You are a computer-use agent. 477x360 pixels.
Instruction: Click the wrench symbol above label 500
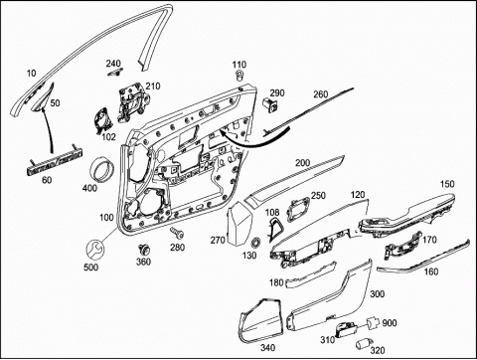(94, 250)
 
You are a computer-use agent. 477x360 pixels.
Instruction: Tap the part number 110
(239, 65)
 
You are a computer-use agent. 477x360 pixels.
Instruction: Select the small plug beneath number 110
(238, 76)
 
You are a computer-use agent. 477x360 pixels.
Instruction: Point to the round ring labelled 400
(102, 169)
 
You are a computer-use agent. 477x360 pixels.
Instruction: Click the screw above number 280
(177, 233)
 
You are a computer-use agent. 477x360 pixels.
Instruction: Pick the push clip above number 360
(144, 250)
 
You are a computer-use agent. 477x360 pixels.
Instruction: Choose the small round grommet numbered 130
(255, 243)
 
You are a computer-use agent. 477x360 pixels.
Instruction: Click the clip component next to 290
(270, 104)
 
